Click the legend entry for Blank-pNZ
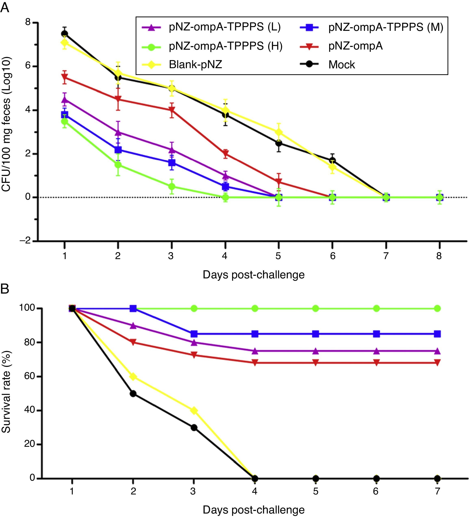(195, 64)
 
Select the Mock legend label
(341, 64)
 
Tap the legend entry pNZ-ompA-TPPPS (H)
(226, 46)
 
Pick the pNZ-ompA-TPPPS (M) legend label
(386, 27)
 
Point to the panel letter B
(5, 289)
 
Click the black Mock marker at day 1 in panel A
(64, 34)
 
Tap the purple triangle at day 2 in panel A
(118, 132)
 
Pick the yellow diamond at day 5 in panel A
(278, 132)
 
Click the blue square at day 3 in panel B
(194, 334)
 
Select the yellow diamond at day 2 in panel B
(133, 377)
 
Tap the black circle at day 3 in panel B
(194, 428)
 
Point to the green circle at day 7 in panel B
(437, 308)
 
